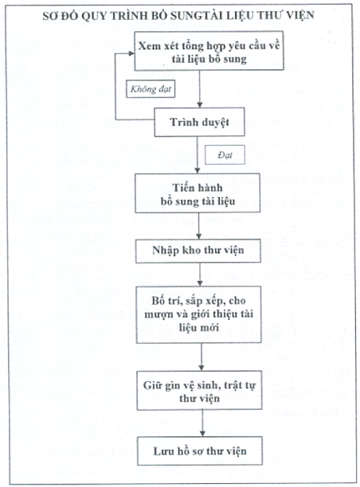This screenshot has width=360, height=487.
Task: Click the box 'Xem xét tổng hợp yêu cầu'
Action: click(x=209, y=51)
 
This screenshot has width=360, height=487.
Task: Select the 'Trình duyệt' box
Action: click(x=200, y=122)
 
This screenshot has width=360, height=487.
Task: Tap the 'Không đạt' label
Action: click(x=151, y=89)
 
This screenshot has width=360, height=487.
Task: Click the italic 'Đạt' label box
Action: click(x=225, y=154)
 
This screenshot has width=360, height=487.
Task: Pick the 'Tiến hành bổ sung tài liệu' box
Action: click(x=198, y=193)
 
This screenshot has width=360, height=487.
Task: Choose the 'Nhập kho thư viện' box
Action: click(x=198, y=251)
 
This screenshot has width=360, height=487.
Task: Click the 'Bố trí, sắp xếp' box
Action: click(x=199, y=314)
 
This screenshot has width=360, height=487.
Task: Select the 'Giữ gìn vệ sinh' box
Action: click(x=200, y=391)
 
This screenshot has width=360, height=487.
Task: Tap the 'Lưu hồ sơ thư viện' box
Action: click(x=200, y=451)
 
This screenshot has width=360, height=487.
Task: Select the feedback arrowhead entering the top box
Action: click(x=131, y=53)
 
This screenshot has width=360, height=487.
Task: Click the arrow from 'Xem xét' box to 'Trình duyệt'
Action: click(x=200, y=89)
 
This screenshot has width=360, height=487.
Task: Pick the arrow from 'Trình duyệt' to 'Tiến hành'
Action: click(x=197, y=155)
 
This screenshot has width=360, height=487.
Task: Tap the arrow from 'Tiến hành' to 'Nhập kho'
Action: click(x=198, y=226)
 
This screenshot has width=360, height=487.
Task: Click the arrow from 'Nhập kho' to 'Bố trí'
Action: click(x=200, y=275)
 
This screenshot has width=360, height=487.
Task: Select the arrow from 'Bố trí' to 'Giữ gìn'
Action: click(x=202, y=356)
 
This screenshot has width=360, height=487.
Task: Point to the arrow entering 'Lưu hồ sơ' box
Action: click(x=202, y=423)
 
